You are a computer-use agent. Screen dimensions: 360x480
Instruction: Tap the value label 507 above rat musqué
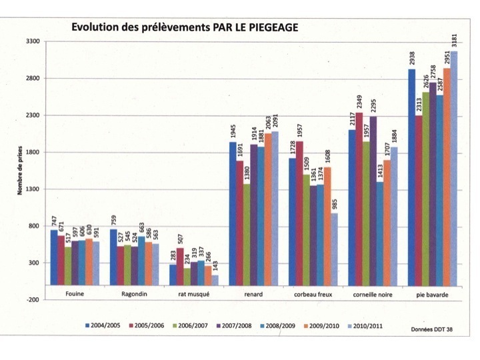180,238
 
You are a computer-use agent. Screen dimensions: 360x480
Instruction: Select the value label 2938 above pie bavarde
411,58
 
